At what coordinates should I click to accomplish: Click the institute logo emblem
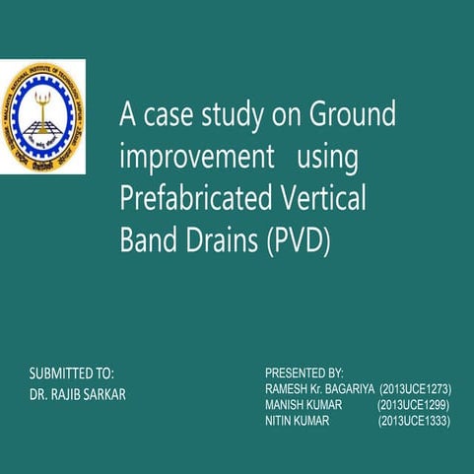click(42, 116)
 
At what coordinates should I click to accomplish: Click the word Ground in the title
click(352, 115)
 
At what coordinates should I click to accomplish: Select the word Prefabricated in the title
click(181, 198)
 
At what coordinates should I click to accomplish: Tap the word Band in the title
click(145, 239)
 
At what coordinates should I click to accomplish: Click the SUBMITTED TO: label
click(72, 373)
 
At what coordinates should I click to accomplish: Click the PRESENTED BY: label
click(304, 373)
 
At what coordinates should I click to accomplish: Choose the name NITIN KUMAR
click(298, 421)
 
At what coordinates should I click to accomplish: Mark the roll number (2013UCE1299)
click(415, 406)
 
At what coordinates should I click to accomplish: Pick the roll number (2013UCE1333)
click(415, 421)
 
